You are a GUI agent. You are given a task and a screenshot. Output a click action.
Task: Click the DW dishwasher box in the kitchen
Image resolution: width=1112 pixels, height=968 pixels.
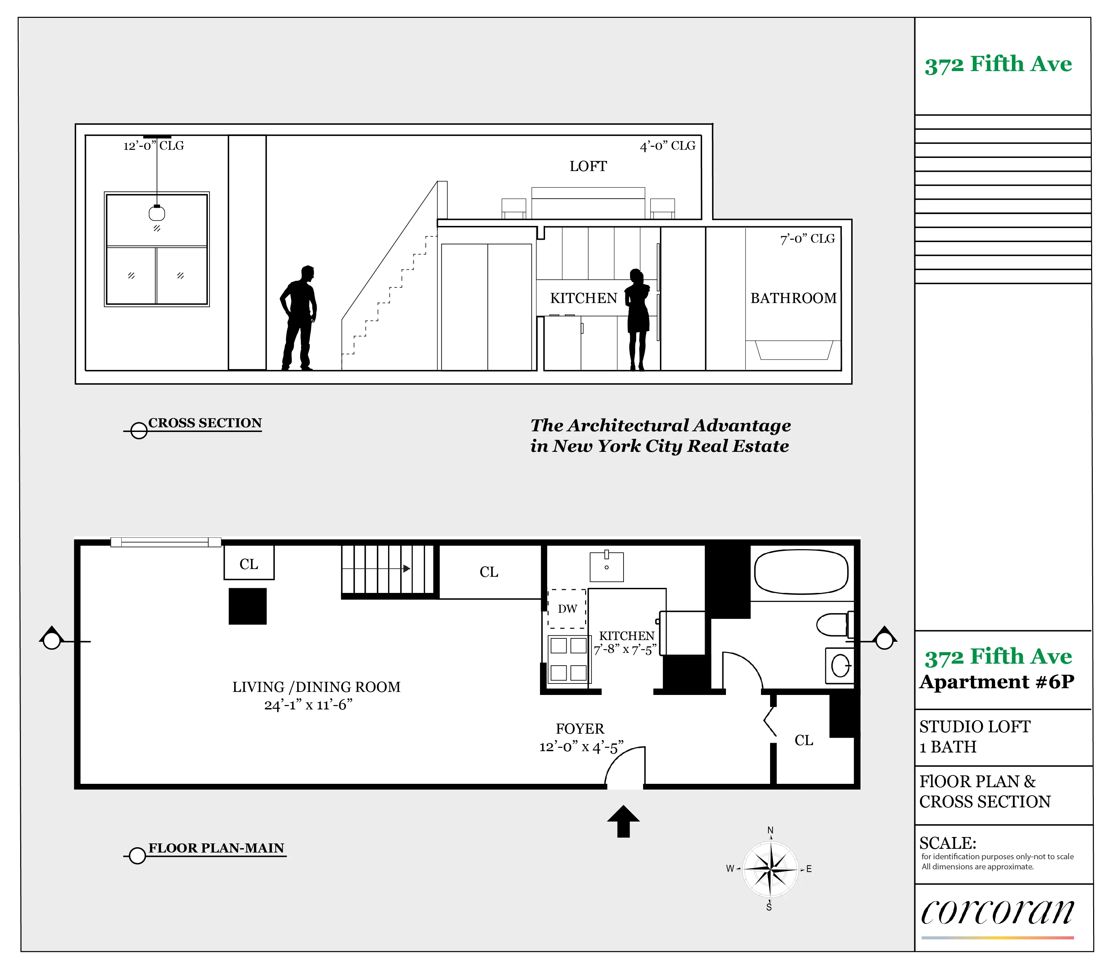(567, 608)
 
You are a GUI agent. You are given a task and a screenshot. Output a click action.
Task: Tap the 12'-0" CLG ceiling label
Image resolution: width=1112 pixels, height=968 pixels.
(154, 146)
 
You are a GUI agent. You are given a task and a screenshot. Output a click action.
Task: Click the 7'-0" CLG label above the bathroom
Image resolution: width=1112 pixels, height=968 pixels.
(807, 239)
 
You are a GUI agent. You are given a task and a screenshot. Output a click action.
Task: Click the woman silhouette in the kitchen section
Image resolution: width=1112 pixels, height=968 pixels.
(638, 319)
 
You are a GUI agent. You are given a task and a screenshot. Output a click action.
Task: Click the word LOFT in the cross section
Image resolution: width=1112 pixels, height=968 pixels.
(588, 166)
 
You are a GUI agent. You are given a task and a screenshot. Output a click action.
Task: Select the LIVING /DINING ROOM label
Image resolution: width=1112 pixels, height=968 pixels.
(316, 687)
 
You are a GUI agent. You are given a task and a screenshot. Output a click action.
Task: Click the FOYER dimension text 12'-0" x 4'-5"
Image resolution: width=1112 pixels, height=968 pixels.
(581, 747)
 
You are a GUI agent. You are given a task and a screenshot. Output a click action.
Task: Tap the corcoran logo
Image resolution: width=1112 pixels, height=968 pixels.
(997, 912)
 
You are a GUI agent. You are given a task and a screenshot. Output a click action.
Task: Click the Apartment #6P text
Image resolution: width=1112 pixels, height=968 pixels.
(996, 682)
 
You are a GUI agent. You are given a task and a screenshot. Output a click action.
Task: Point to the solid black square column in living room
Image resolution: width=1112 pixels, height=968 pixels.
(248, 606)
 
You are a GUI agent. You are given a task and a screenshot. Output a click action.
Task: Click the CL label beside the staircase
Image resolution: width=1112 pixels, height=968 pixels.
(488, 572)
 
